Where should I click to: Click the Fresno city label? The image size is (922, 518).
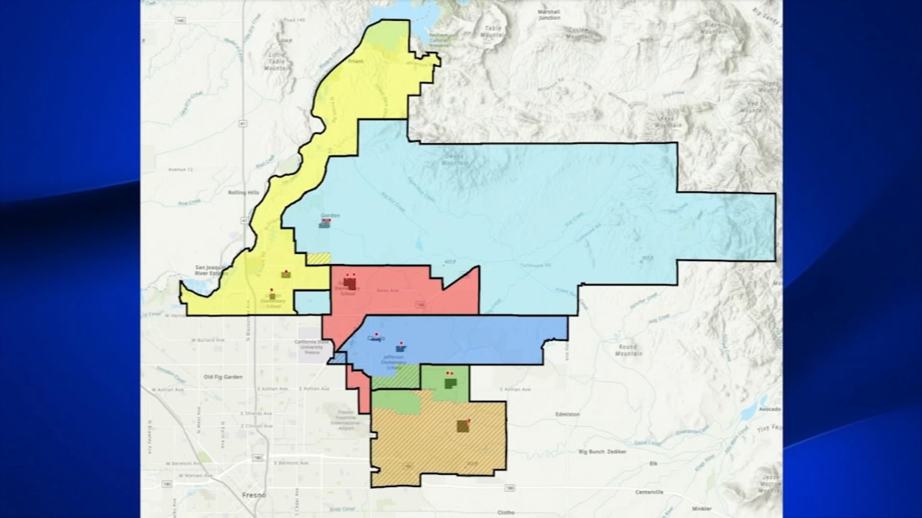tap(254, 495)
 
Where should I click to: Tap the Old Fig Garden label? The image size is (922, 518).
tap(223, 377)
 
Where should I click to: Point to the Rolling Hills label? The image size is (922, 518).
tap(244, 192)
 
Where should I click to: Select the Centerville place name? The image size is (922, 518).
tap(649, 492)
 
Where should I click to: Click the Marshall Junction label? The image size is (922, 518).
tap(549, 14)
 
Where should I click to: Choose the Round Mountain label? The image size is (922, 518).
tap(628, 350)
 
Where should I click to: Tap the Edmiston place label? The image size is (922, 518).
tap(568, 414)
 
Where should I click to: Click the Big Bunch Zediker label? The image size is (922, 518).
tap(602, 452)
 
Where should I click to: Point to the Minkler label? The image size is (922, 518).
tap(701, 509)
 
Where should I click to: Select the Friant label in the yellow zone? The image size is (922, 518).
tap(356, 61)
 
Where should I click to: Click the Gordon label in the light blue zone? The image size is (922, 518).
tap(330, 215)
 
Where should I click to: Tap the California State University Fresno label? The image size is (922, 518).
tap(312, 347)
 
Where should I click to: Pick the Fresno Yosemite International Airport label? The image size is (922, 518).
tap(345, 420)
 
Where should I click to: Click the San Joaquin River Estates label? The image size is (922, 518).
tap(211, 270)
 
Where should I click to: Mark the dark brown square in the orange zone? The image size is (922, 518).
tap(463, 426)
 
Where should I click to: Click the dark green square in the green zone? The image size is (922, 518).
tap(451, 383)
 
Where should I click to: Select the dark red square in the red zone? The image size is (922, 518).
tap(350, 283)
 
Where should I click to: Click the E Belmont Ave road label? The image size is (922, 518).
tap(291, 463)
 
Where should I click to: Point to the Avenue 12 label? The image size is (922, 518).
tap(180, 170)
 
